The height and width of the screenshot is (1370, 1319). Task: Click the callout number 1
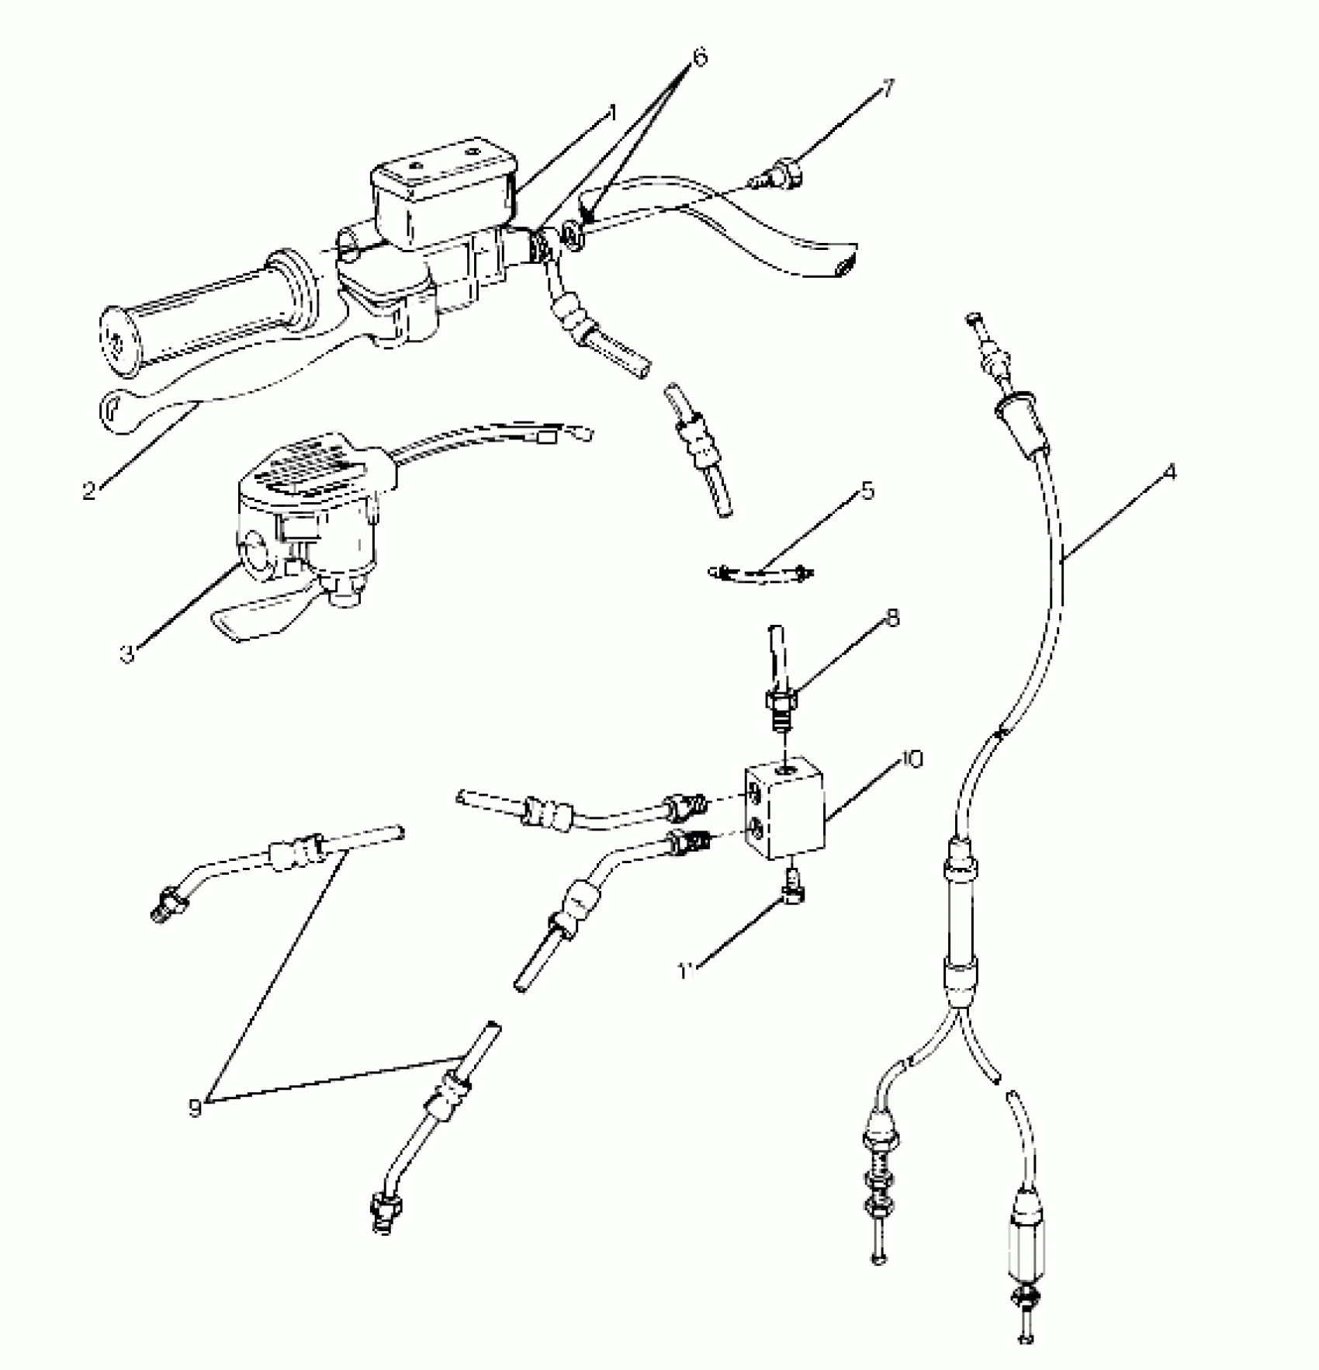pos(611,114)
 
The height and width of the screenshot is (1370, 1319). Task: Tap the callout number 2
pos(91,491)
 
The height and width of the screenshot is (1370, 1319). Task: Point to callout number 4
pos(1169,471)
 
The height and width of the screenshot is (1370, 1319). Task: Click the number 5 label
pos(867,491)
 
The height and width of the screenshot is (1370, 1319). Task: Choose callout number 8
pos(892,619)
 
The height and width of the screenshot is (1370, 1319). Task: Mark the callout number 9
pos(195,1108)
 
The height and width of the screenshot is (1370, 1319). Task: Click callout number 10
pos(912,759)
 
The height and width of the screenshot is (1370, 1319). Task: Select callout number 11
pos(686,971)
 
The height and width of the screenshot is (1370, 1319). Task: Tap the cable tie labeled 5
pos(760,575)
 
